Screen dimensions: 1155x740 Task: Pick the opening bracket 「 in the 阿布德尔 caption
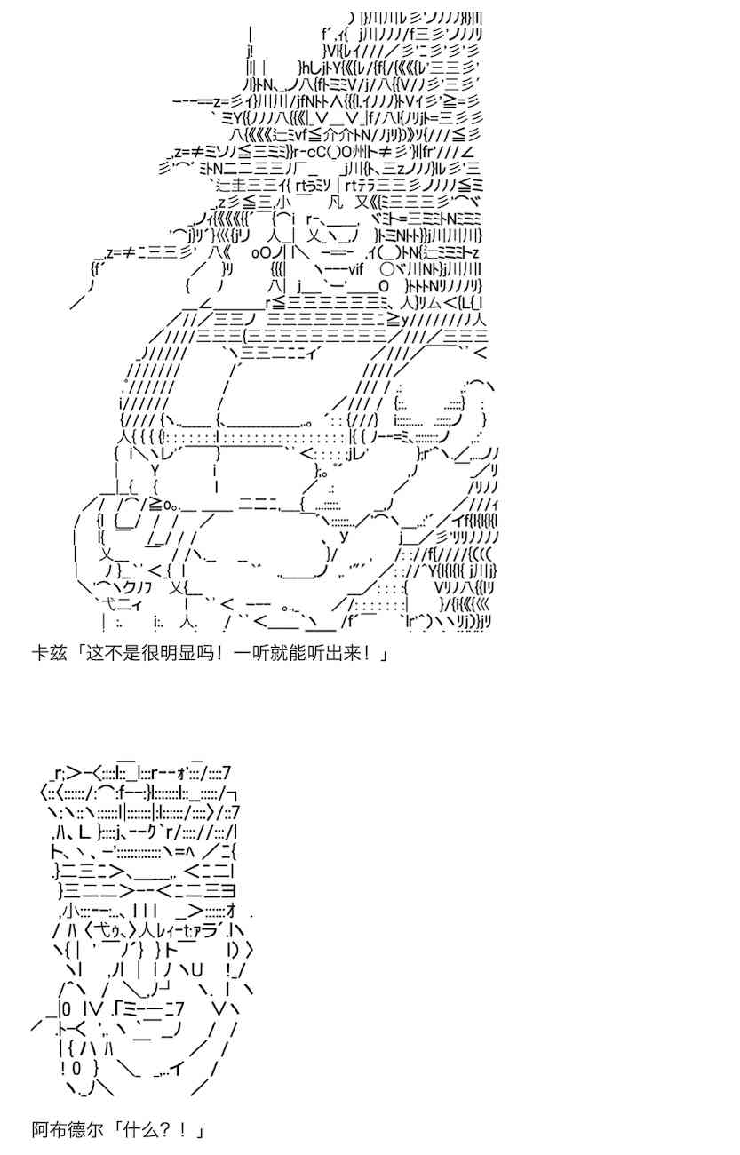pyautogui.click(x=115, y=1131)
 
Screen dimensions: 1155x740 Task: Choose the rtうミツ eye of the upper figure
pyautogui.click(x=313, y=185)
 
